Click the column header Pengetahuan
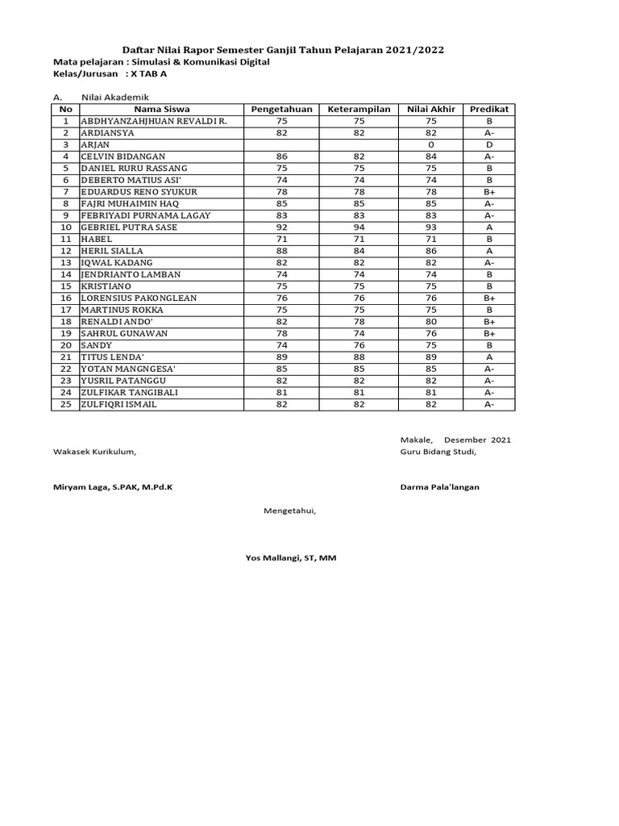(x=281, y=109)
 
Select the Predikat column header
(x=489, y=109)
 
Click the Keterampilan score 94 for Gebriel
(x=359, y=227)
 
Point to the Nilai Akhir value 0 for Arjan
(x=430, y=144)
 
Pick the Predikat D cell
(x=489, y=144)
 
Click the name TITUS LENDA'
(x=112, y=357)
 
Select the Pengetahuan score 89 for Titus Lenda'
(x=281, y=357)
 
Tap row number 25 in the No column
(x=66, y=405)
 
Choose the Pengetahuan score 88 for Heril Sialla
(x=281, y=251)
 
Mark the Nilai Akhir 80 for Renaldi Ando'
(x=430, y=322)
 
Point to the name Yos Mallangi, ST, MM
(x=291, y=557)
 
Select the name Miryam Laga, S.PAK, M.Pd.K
(x=113, y=487)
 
